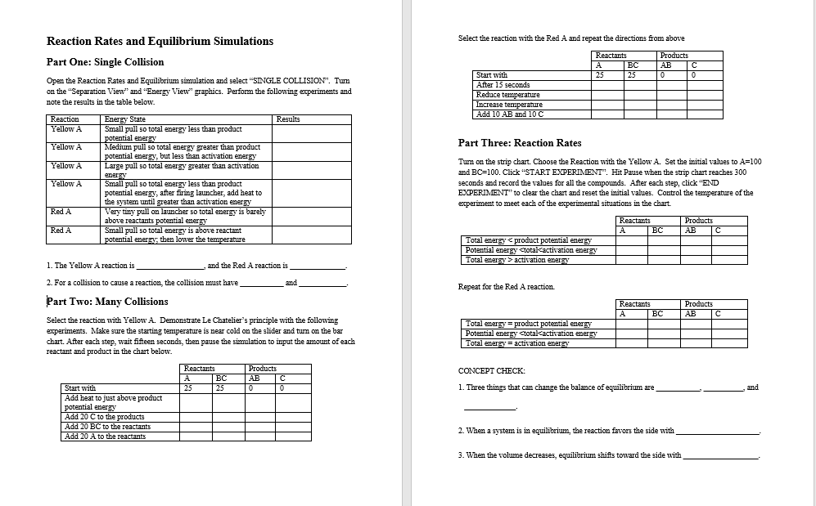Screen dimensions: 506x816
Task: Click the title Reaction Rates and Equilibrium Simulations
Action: point(160,42)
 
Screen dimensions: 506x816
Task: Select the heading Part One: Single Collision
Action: point(105,62)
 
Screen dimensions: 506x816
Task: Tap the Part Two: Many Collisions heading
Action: point(107,302)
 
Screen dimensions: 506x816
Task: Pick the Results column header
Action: point(288,119)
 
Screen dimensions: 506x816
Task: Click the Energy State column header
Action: point(125,119)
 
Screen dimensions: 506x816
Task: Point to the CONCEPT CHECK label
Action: point(492,371)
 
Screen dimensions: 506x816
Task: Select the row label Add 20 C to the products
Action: point(104,417)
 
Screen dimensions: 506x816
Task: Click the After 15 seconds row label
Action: point(503,85)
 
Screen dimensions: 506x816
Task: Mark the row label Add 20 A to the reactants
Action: point(105,437)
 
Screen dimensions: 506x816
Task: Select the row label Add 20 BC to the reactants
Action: point(107,427)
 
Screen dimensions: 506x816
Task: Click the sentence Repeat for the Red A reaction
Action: point(506,287)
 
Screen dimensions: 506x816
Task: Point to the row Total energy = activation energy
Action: point(516,343)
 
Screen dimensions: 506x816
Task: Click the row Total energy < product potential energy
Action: point(528,240)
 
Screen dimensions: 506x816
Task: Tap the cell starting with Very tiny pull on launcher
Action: point(185,216)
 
